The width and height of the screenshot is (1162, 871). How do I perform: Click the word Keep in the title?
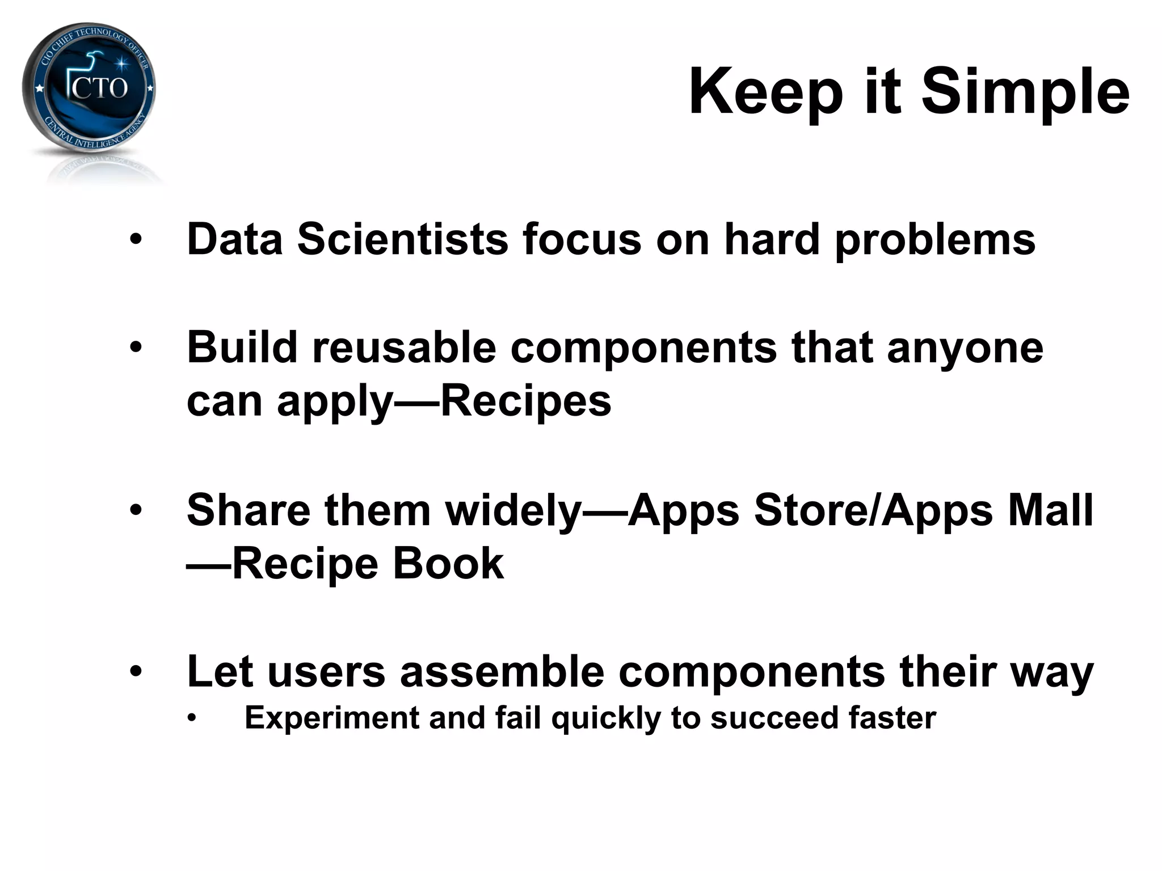(x=765, y=92)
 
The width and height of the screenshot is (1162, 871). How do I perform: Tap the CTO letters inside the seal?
(x=100, y=88)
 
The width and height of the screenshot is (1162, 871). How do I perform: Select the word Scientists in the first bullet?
(x=402, y=239)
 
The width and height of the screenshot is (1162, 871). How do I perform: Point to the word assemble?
(x=502, y=671)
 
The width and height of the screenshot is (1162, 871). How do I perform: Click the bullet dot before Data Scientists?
(x=136, y=240)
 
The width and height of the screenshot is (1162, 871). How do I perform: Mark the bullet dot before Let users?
(x=136, y=672)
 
